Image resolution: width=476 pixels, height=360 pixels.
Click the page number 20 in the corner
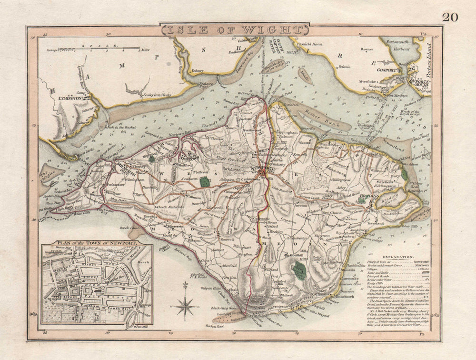[450, 17]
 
